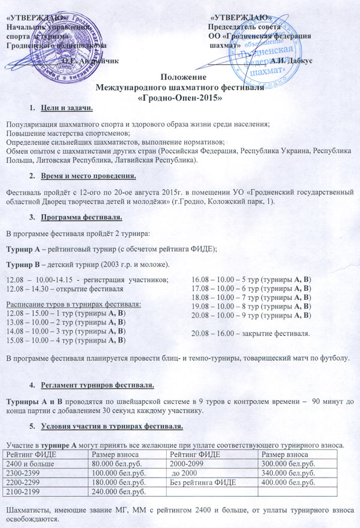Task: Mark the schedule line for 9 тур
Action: click(x=250, y=315)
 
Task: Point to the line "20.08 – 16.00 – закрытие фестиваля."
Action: click(x=250, y=333)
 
